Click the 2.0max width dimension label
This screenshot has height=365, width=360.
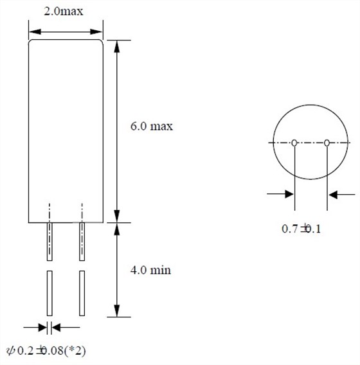64,11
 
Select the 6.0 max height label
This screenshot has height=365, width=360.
152,126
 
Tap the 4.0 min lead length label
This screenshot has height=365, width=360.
150,270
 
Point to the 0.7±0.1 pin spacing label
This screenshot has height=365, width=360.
301,229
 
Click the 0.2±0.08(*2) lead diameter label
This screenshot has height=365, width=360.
46,351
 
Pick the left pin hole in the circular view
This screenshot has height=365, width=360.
294,143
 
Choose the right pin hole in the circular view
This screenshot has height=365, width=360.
327,143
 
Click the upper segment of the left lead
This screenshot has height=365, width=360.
50,242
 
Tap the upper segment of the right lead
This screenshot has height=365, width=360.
82,242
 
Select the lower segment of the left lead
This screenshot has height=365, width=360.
50,293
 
